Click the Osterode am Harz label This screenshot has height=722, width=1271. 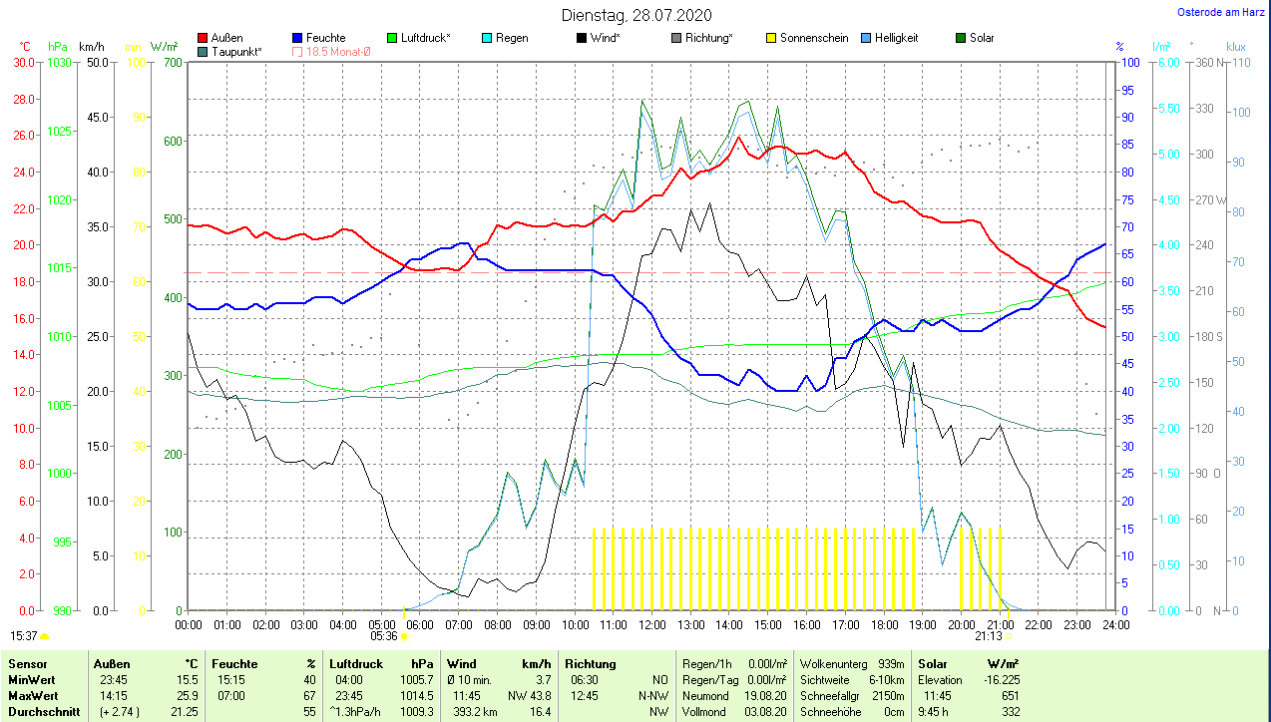(x=1221, y=12)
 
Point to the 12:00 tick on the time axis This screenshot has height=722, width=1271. (x=652, y=625)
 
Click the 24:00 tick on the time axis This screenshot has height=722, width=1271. (x=1115, y=625)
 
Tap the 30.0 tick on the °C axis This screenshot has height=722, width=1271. (x=23, y=63)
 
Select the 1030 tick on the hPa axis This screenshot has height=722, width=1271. (x=60, y=63)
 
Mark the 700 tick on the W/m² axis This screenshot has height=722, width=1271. (x=174, y=63)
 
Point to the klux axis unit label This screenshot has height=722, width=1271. (x=1236, y=47)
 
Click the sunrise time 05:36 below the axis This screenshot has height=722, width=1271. (x=384, y=635)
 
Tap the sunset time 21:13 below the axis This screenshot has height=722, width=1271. (x=988, y=635)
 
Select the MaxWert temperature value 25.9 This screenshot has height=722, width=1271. (x=186, y=695)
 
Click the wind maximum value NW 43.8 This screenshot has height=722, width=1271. (x=529, y=695)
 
